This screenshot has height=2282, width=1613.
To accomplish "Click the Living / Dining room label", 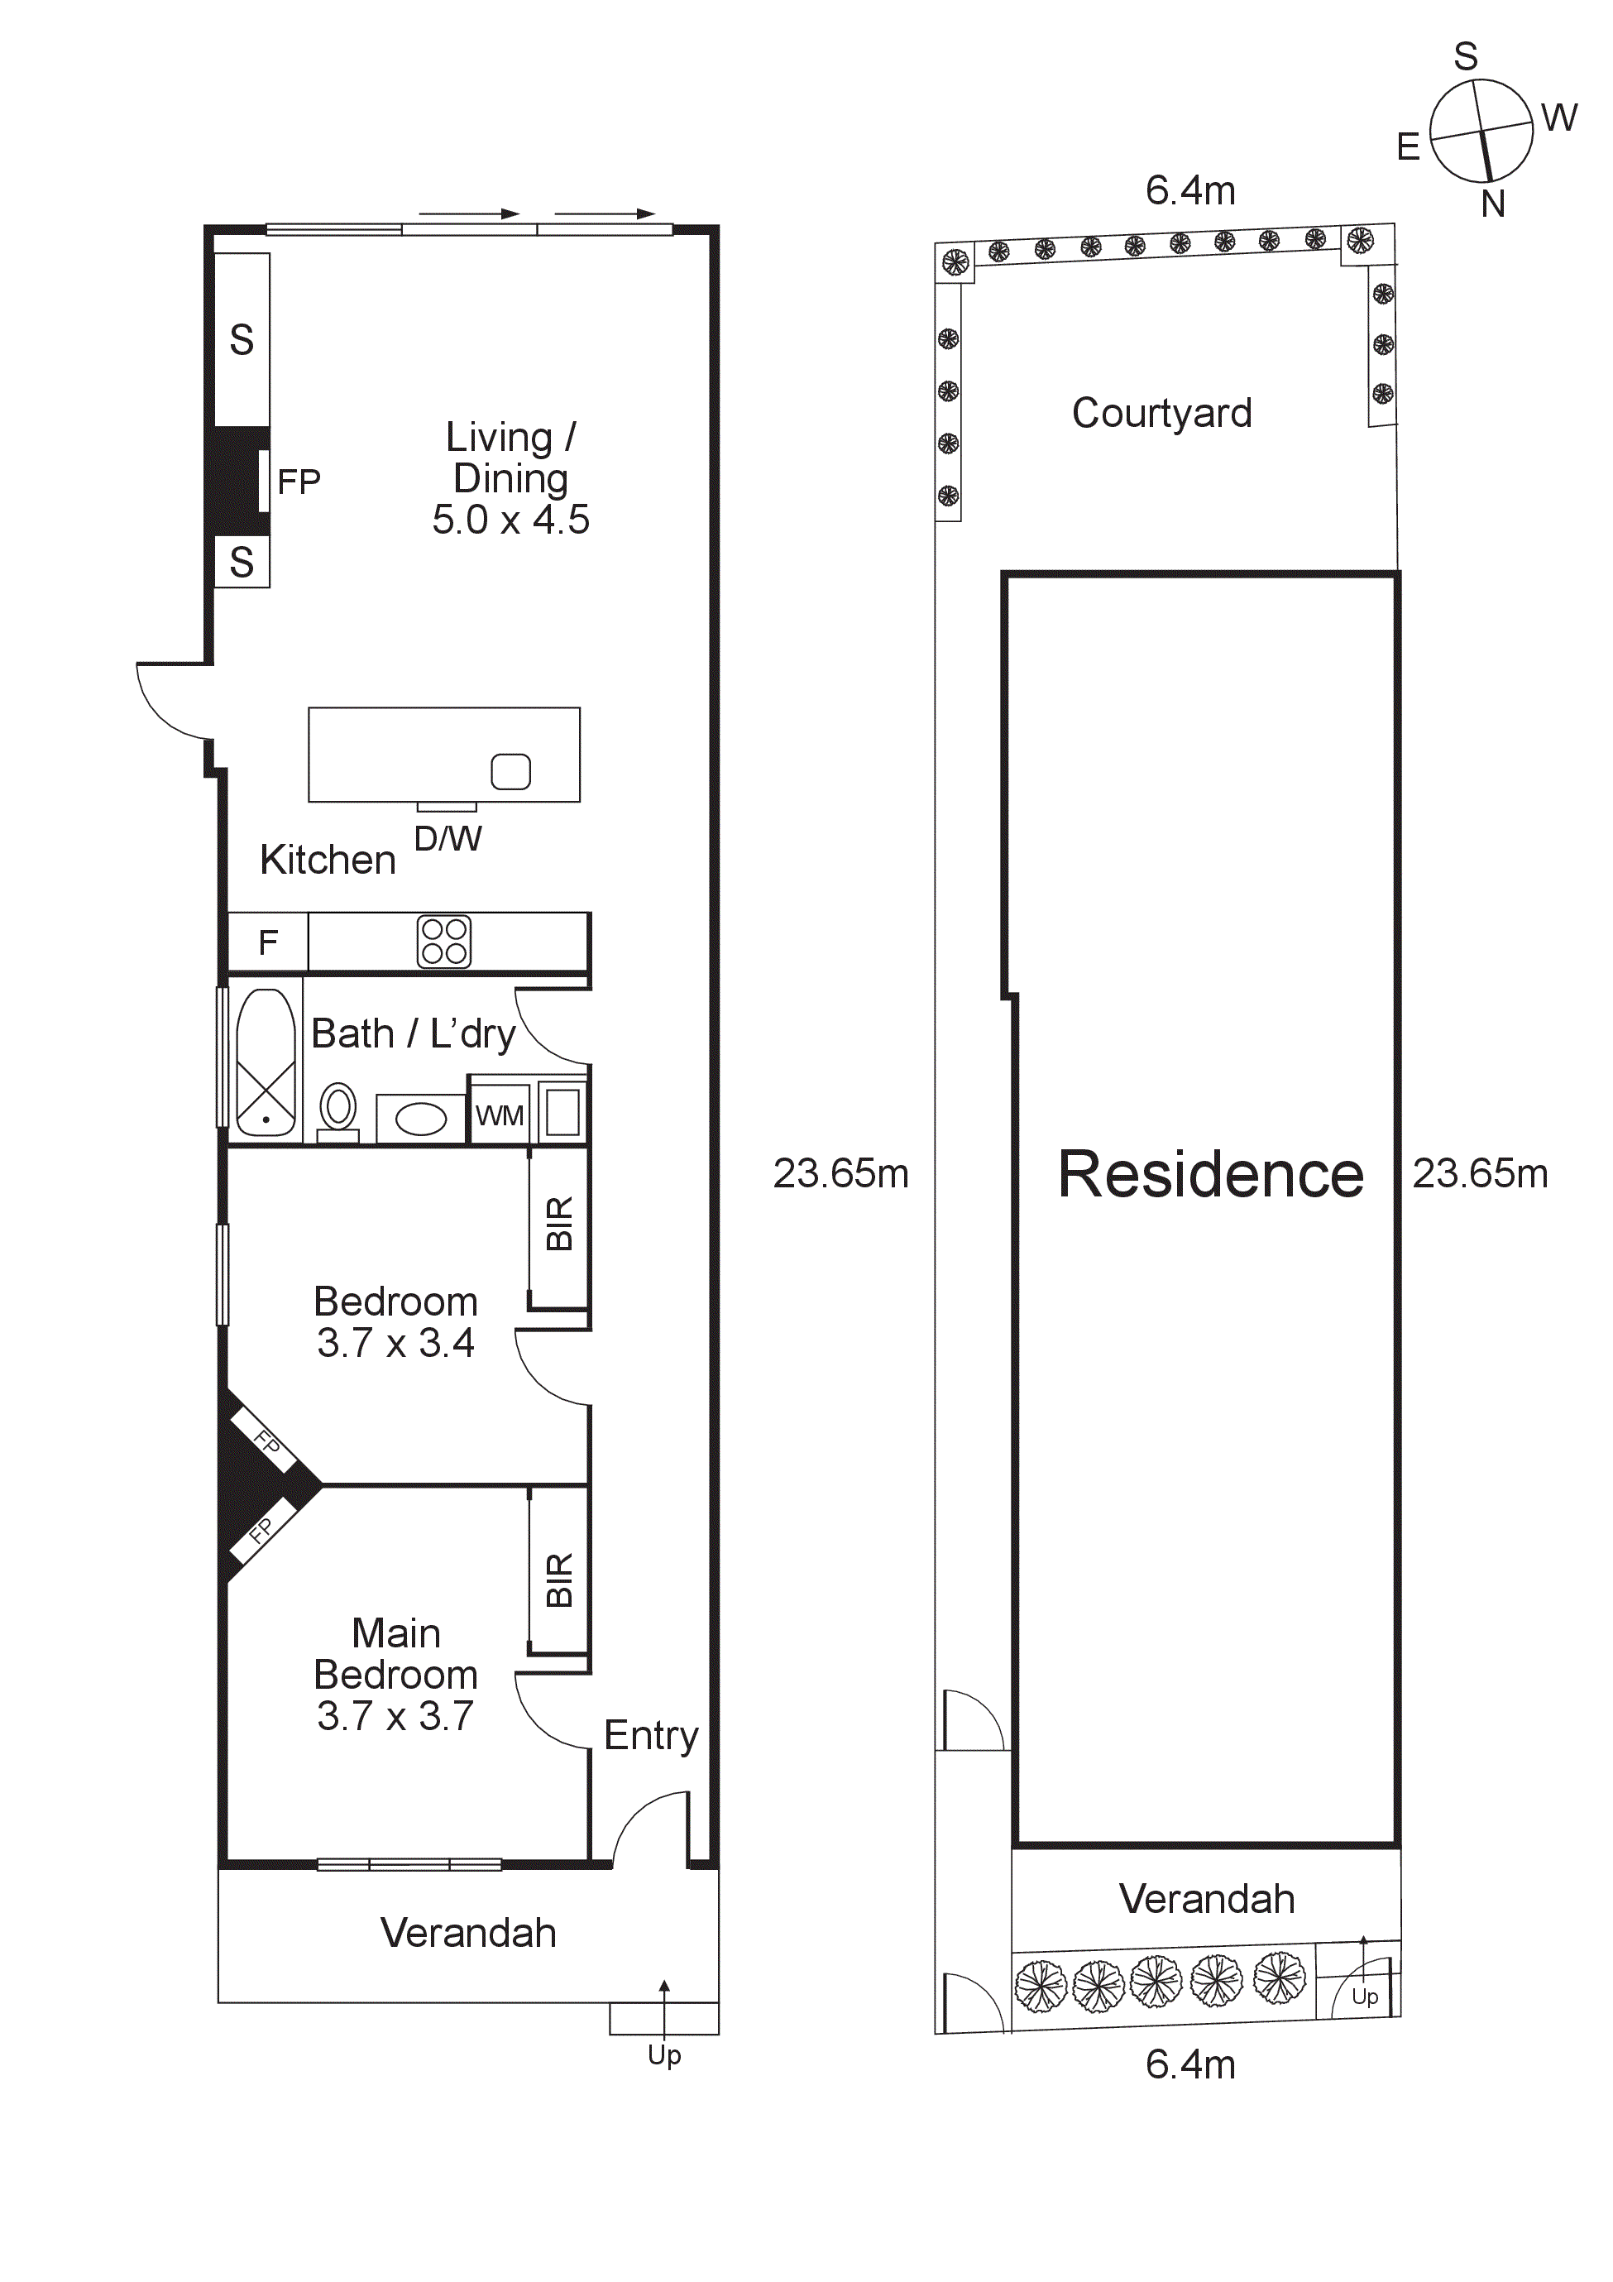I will coord(510,458).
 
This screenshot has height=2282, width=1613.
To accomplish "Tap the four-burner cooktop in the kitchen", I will coord(443,942).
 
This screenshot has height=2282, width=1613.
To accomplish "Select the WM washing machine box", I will coord(499,1115).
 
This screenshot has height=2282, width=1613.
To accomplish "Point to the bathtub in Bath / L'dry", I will coord(266,1062).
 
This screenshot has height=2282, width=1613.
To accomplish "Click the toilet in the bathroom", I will coord(338,1110).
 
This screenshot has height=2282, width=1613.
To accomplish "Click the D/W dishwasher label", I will coord(448,839).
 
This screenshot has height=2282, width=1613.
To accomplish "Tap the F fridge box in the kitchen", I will coord(267,942).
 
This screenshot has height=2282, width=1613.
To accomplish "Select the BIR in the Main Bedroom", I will coord(558,1580).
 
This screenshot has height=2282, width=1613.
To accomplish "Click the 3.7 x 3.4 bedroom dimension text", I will coord(395,1343).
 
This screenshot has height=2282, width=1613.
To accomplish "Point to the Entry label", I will coord(651,1735).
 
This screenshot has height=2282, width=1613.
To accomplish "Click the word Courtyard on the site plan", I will coord(1161,413).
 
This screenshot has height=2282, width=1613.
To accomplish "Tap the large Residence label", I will coord(1209,1174).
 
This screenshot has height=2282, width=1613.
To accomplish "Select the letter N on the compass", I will coord(1491,204).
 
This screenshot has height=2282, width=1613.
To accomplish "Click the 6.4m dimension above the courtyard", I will coord(1189,189).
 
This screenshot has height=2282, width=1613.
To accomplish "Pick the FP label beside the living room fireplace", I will coord(298,482).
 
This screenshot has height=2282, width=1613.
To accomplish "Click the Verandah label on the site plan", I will coord(1207,1898).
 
